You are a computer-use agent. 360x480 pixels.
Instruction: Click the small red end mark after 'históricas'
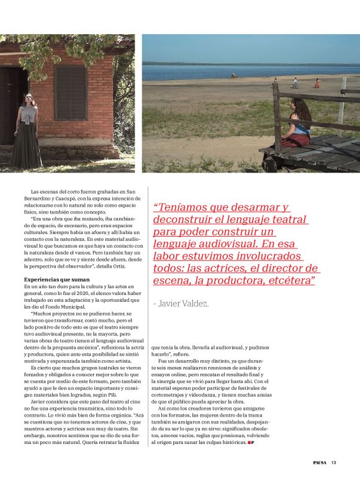point(251,443)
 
